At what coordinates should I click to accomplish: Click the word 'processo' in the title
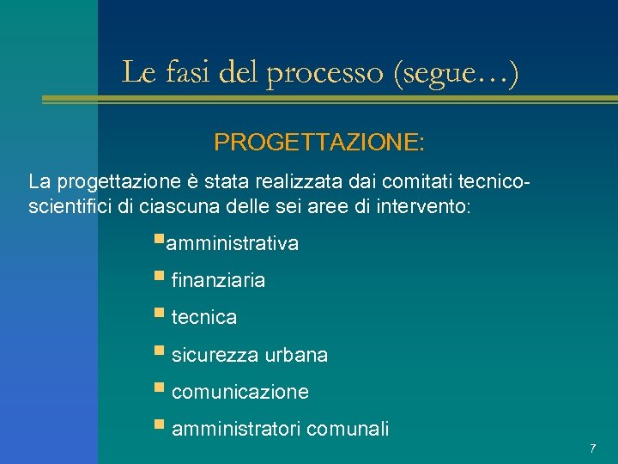[328, 73]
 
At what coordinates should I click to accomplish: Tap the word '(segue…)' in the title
[455, 73]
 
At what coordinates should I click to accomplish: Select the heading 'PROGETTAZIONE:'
[318, 142]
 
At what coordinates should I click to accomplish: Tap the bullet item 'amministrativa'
[232, 244]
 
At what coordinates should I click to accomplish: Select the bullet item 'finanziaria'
[218, 280]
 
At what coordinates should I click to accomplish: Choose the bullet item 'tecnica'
[204, 318]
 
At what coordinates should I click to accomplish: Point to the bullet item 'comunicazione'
[240, 393]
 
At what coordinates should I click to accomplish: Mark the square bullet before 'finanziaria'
[160, 278]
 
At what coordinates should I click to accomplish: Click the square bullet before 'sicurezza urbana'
[160, 352]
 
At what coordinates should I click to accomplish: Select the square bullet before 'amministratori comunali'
[160, 426]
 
